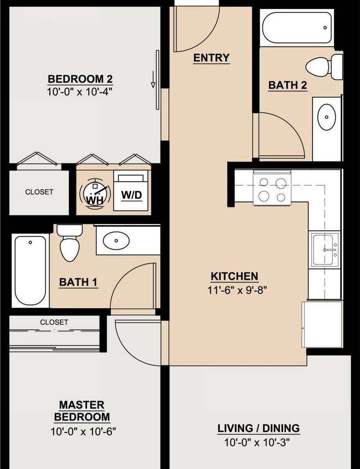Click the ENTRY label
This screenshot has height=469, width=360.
[211, 58]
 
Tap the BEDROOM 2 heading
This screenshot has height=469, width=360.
[80, 79]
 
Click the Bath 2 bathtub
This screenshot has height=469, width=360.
[297, 28]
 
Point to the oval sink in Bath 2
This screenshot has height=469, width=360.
[326, 117]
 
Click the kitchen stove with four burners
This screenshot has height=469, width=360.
[272, 188]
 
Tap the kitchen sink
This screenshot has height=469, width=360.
[325, 250]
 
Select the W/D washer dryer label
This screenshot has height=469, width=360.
[131, 195]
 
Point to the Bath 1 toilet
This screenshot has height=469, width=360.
[70, 243]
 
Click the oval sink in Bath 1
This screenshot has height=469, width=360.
[116, 240]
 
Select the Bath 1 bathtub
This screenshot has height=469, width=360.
[30, 271]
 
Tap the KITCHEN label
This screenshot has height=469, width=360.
[234, 277]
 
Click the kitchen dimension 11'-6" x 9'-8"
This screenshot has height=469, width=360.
[236, 290]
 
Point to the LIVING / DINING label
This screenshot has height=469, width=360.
[259, 429]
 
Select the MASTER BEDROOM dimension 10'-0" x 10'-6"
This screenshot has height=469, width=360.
[83, 432]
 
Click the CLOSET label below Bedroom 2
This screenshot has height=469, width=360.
[39, 192]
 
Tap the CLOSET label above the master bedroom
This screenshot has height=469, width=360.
[54, 322]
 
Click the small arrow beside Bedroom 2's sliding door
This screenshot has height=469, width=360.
[153, 80]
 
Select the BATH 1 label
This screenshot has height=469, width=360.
[78, 282]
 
